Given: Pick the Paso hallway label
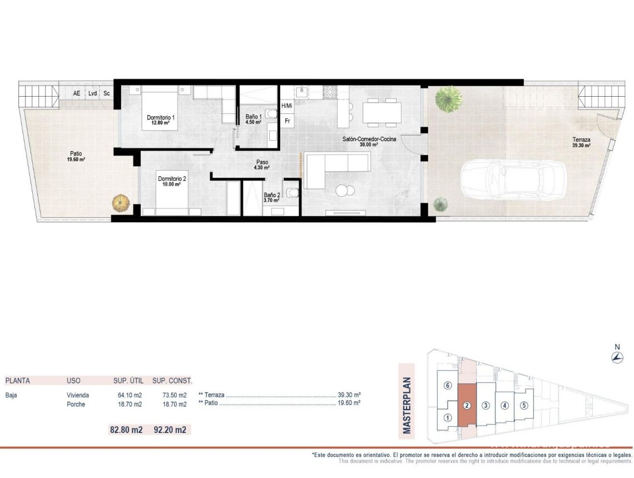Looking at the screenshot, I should (x=261, y=163).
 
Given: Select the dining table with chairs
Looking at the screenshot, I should (x=382, y=112).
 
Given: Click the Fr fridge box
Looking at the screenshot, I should (x=288, y=120).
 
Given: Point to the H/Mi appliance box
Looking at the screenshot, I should (x=287, y=106).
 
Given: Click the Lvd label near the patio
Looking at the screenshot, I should (x=92, y=93).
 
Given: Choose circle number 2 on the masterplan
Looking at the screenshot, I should (x=467, y=405).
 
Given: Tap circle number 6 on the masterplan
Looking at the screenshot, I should (x=447, y=386).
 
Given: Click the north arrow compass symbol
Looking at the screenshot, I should (x=617, y=358).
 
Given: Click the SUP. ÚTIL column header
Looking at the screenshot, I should (x=128, y=381).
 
